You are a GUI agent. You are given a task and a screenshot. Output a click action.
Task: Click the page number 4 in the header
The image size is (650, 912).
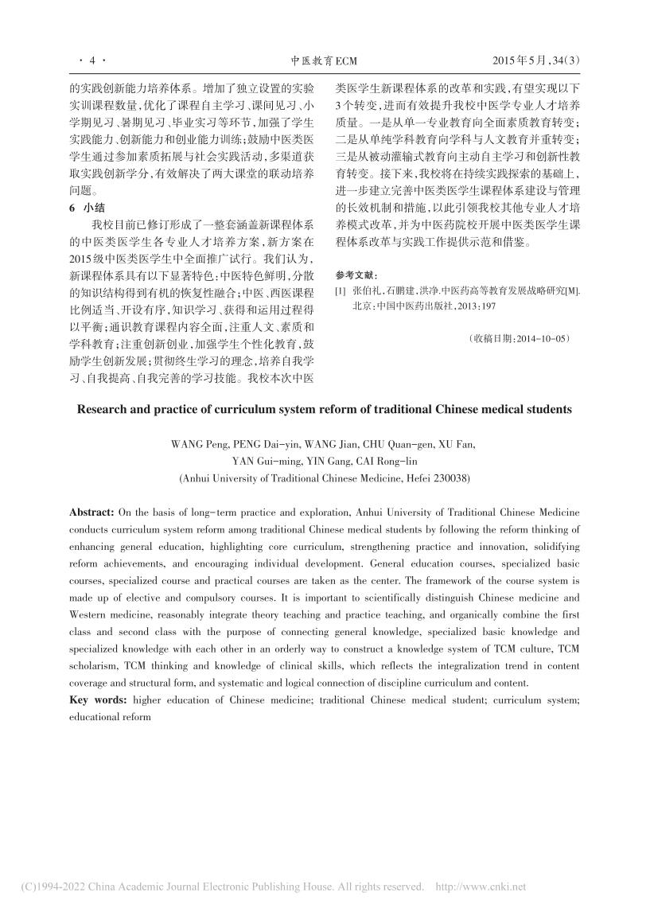click(x=92, y=60)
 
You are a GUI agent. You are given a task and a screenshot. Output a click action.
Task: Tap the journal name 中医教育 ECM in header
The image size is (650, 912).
click(x=325, y=60)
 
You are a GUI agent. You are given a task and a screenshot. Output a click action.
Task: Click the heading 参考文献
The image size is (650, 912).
click(x=352, y=274)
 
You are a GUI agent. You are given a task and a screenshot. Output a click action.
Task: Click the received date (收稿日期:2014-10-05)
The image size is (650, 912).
click(x=520, y=338)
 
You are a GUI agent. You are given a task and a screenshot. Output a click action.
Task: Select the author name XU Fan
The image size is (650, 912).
click(x=461, y=444)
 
